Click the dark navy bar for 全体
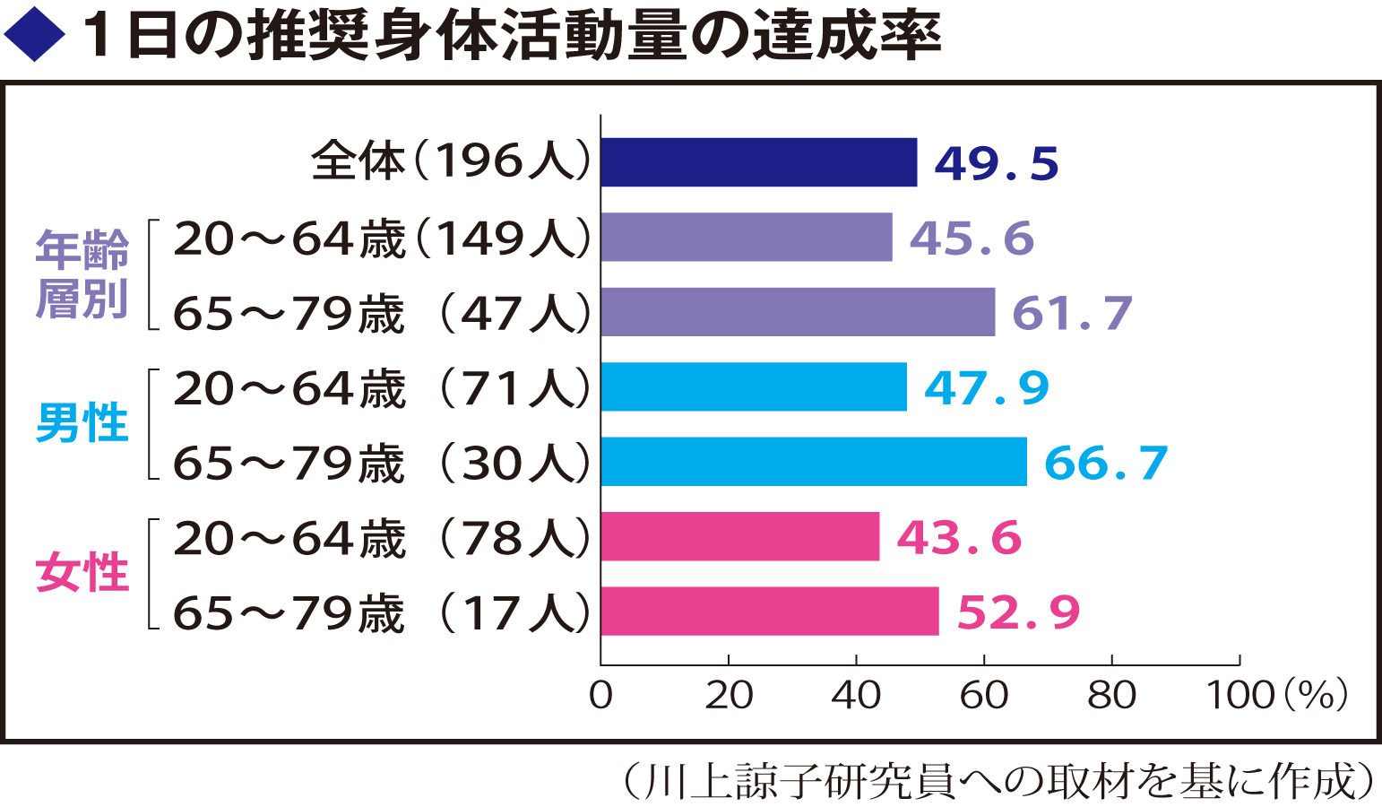tap(758, 162)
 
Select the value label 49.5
tap(996, 163)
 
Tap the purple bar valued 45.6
tap(746, 238)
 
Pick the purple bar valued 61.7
tap(798, 312)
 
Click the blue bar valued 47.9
tap(753, 387)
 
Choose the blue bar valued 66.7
tap(814, 462)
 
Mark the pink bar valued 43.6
tap(739, 537)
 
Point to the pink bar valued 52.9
tap(769, 612)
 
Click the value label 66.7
tap(1106, 463)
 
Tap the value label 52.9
tap(1018, 612)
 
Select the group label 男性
tap(82, 423)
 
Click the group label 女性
tap(82, 573)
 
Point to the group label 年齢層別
tap(82, 274)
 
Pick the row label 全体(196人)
tap(451, 162)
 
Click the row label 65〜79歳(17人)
tap(382, 613)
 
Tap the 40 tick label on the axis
tap(856, 695)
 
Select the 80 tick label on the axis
tap(1111, 695)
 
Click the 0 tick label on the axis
tap(600, 695)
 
